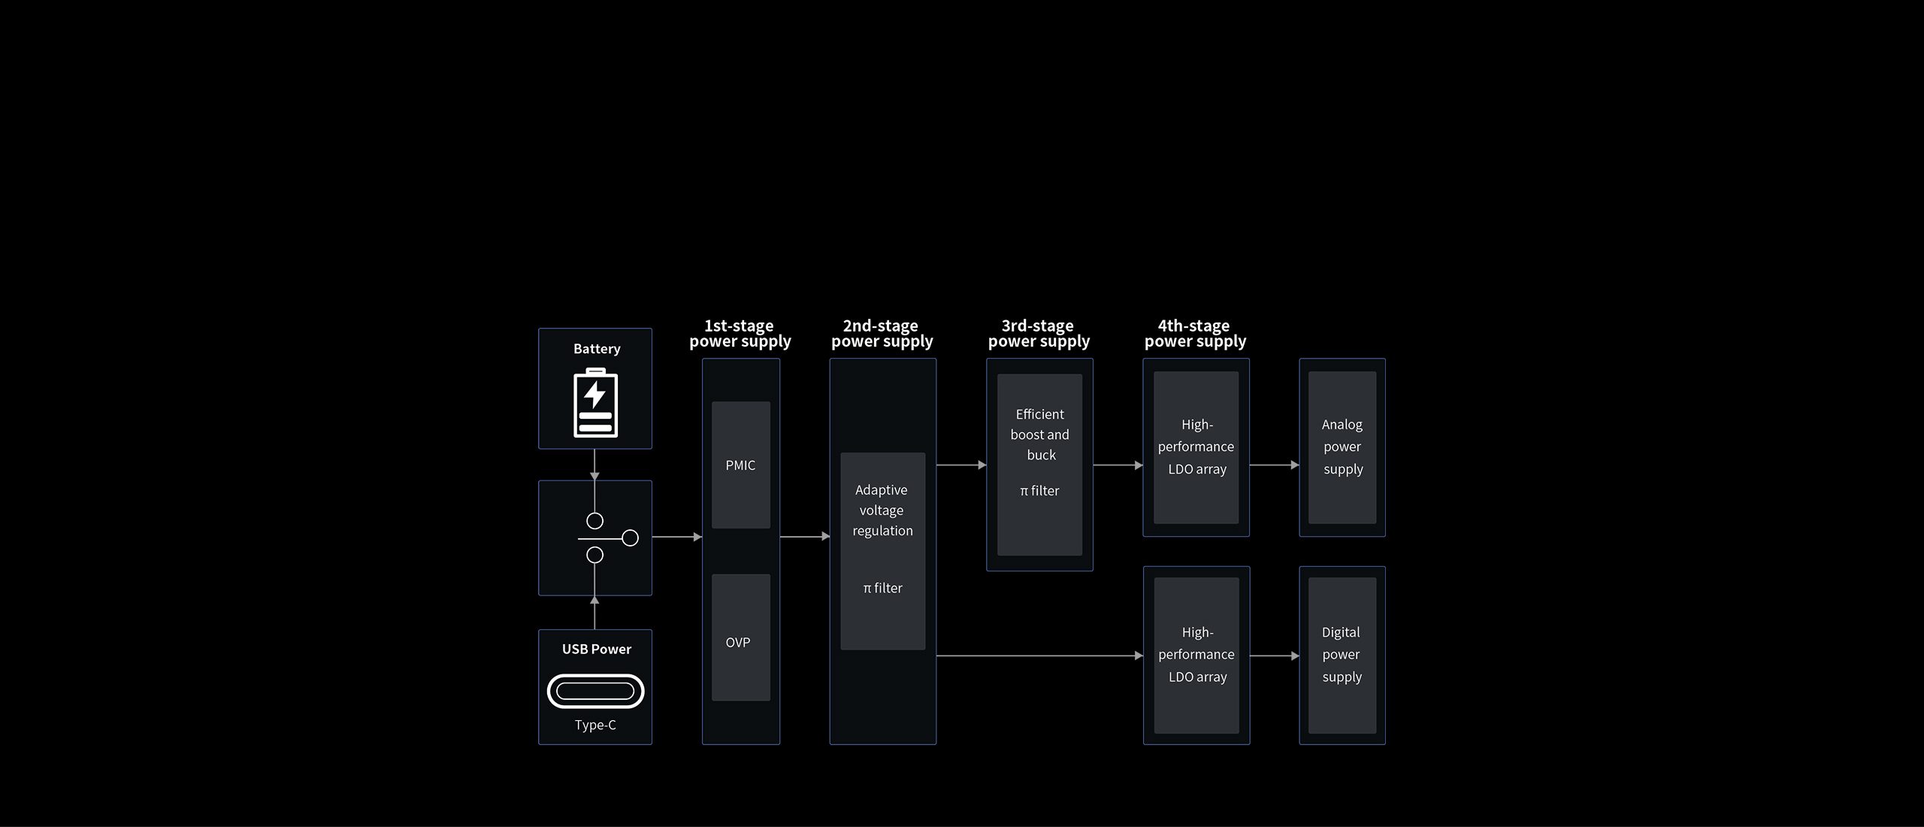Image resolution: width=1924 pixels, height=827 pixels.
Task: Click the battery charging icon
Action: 595,402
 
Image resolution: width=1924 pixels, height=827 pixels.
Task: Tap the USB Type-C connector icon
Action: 595,691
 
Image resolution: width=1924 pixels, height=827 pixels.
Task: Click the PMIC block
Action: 741,465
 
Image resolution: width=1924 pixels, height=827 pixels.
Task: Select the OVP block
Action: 741,638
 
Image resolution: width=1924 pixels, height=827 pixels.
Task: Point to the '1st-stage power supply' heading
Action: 740,334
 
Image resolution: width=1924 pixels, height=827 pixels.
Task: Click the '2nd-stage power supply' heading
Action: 882,334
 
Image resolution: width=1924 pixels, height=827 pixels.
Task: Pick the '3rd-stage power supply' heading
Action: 1039,334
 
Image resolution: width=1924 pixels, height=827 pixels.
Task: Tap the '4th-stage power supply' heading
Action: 1195,334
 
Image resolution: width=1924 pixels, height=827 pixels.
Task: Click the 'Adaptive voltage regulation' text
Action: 882,510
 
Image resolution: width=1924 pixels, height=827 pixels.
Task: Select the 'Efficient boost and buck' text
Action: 1040,435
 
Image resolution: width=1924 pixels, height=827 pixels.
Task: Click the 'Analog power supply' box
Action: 1342,447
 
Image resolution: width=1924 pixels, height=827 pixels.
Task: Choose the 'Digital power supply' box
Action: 1342,656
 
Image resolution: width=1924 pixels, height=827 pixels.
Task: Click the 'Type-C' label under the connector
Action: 595,725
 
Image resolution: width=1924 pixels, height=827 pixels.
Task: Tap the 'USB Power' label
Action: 597,649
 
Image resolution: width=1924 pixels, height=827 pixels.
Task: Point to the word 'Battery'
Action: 597,349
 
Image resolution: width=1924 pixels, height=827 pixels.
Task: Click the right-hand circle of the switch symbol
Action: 631,538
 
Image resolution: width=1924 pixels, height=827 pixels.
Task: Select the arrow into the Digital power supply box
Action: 1275,656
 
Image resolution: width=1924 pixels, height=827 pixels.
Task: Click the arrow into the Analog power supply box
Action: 1275,465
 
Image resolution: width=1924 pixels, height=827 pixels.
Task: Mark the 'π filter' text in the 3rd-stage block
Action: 1039,491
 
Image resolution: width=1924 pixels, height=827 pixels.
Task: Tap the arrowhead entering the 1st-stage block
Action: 697,537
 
